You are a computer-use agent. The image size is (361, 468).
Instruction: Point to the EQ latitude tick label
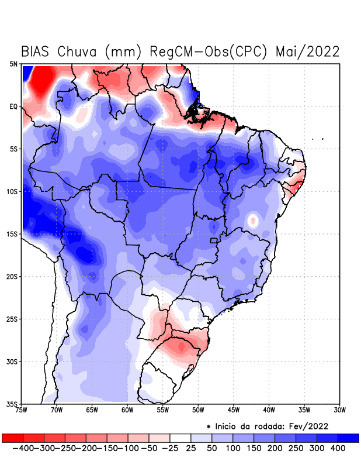click(x=13, y=106)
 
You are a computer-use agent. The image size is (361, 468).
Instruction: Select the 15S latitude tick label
click(x=12, y=234)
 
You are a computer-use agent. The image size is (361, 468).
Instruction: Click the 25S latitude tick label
click(x=12, y=319)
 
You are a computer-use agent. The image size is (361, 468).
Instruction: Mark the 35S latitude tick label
click(x=12, y=404)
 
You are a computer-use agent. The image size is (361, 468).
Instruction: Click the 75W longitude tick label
click(x=22, y=410)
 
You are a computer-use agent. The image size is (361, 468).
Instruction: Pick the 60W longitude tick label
click(x=127, y=410)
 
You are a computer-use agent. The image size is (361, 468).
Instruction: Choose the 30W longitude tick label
click(x=339, y=410)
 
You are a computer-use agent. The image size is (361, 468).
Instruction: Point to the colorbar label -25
click(x=169, y=448)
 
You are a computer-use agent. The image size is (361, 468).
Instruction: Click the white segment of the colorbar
click(x=180, y=438)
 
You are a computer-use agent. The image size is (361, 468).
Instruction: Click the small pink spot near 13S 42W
click(x=253, y=221)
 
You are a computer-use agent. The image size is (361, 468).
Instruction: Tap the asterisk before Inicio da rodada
click(x=209, y=426)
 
